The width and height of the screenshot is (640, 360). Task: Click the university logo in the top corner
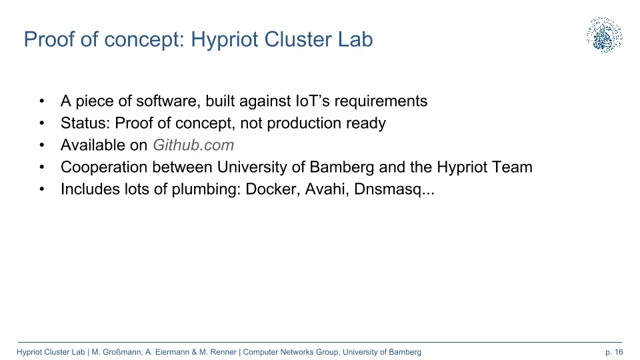[x=605, y=35]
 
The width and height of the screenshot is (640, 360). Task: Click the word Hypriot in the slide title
[x=225, y=40]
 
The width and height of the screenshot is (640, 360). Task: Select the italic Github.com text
[x=193, y=145]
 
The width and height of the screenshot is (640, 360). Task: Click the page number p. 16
[x=614, y=352]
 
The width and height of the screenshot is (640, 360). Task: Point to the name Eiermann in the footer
[x=172, y=352]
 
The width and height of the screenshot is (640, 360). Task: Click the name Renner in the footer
[x=223, y=352]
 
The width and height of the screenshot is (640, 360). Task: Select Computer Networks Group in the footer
[x=291, y=352]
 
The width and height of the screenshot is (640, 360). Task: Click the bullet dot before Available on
[x=41, y=145]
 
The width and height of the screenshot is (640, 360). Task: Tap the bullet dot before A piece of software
[x=41, y=101]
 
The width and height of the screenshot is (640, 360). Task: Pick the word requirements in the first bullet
[x=381, y=101]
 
